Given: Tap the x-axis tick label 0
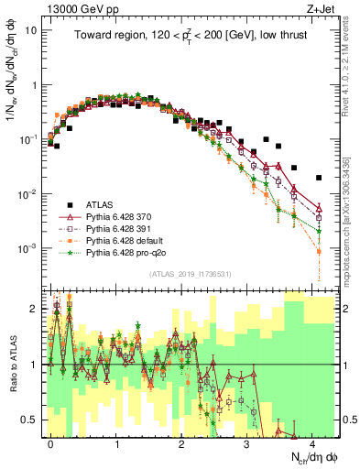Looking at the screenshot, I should click(50, 442).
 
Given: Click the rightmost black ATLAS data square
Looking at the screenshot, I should click(319, 178).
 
